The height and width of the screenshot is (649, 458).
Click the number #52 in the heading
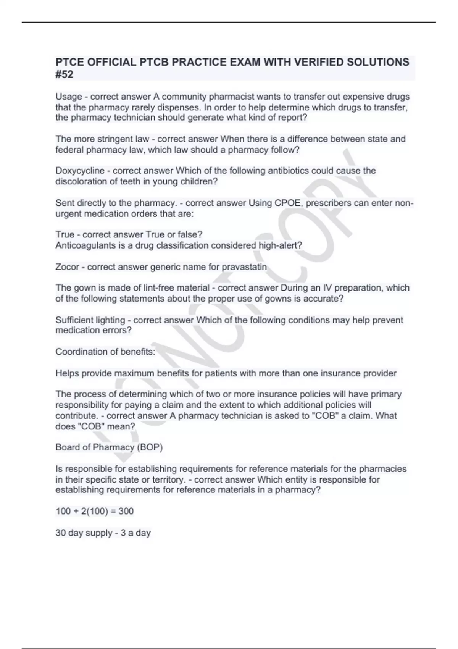pyautogui.click(x=64, y=74)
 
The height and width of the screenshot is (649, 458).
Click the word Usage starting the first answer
pyautogui.click(x=69, y=97)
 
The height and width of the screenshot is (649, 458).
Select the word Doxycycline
pyautogui.click(x=80, y=171)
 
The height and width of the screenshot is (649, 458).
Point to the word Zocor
pyautogui.click(x=67, y=267)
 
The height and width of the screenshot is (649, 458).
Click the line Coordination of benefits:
pyautogui.click(x=105, y=352)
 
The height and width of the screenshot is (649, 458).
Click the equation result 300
pyautogui.click(x=126, y=511)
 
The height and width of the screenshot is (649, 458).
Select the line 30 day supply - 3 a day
pyautogui.click(x=103, y=533)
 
